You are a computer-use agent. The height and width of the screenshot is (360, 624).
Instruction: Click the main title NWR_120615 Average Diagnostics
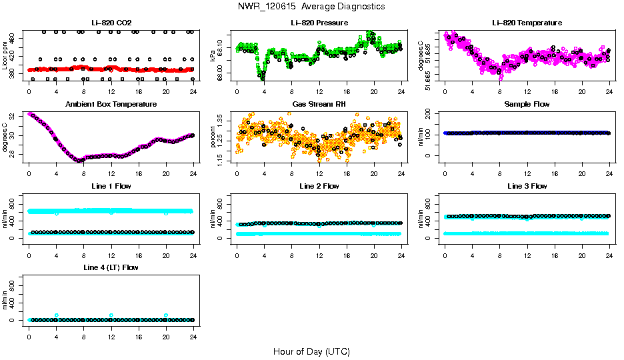pos(311,7)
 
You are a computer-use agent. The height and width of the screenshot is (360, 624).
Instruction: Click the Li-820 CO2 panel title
pos(111,23)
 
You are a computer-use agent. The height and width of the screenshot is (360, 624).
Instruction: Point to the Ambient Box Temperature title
pos(111,104)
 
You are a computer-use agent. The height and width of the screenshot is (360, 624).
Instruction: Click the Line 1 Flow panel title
pos(111,185)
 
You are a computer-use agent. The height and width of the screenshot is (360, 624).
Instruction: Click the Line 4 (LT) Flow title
pos(111,267)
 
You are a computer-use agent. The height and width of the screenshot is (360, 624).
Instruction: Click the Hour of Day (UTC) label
pos(311,351)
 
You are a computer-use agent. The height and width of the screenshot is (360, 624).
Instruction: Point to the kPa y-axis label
pos(213,56)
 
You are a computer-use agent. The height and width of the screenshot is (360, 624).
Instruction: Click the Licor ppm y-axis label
pos(5,56)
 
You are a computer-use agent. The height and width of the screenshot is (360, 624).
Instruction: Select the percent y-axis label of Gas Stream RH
pos(213,137)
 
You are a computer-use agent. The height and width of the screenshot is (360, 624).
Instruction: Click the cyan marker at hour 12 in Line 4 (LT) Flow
pos(111,315)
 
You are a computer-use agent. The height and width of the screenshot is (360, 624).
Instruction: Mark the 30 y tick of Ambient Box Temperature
pos(14,136)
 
